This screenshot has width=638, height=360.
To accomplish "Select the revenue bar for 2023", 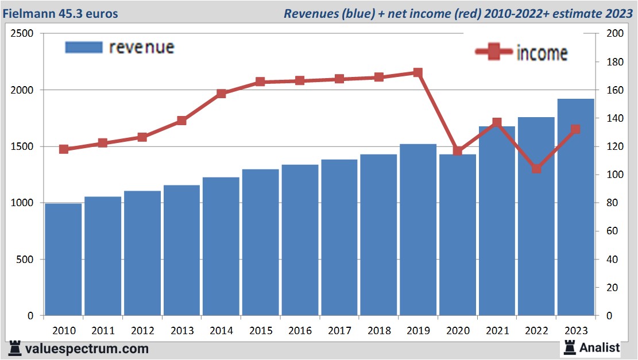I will [x=576, y=207].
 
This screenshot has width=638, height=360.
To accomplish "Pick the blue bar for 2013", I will [x=182, y=250].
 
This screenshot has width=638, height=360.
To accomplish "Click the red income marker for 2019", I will [x=418, y=73].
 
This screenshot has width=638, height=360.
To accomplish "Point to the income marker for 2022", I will [x=536, y=169].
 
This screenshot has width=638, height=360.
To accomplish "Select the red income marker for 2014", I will [x=222, y=94].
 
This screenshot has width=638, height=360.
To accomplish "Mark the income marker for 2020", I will [x=458, y=151].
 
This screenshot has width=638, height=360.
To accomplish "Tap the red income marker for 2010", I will [x=64, y=149].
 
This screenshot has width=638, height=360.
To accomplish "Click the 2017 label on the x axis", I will [x=339, y=331].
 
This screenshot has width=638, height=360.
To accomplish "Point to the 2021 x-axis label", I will [x=497, y=331].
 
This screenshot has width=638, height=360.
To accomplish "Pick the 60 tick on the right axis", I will [x=612, y=231].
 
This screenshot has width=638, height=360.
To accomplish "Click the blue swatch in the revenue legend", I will [x=84, y=47].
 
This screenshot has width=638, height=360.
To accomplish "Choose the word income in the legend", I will [x=542, y=53].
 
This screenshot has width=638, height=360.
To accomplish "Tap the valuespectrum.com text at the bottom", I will [x=87, y=349].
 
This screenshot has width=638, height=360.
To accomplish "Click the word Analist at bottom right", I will [x=600, y=347].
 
